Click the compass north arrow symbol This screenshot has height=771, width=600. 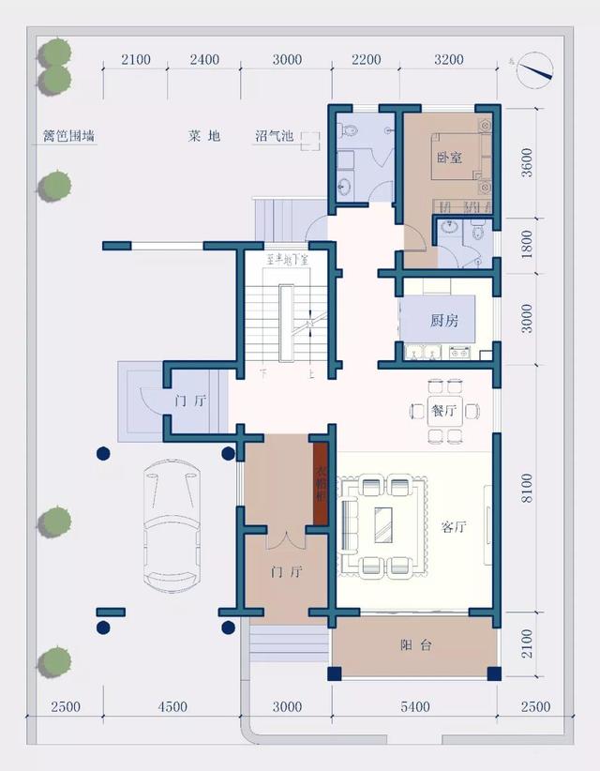(537, 68)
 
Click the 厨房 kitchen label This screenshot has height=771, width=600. (444, 321)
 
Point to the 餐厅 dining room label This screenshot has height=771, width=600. (444, 410)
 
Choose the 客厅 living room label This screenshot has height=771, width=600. (454, 526)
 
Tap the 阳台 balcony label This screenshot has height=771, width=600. (415, 645)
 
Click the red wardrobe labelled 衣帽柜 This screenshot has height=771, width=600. (320, 482)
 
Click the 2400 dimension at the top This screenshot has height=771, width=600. (203, 60)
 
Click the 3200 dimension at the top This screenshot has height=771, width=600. (448, 60)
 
